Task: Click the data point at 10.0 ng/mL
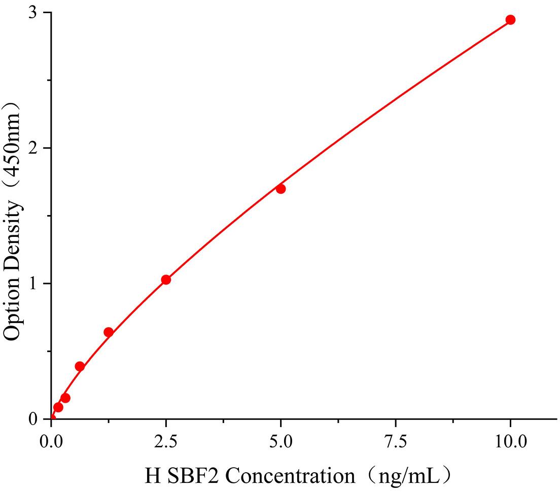coord(510,20)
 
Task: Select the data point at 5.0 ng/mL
coord(281,189)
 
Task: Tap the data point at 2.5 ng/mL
coord(166,279)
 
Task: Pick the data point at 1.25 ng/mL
coord(108,332)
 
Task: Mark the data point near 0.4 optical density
coord(80,366)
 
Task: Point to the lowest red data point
coord(58,407)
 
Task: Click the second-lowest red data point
coord(65,398)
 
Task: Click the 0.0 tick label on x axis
coord(51,441)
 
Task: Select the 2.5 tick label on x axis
coord(166,441)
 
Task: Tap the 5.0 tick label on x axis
coord(281,441)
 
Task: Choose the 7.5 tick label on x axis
coord(396,441)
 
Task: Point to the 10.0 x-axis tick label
coord(510,441)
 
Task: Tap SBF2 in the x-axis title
coord(193,476)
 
